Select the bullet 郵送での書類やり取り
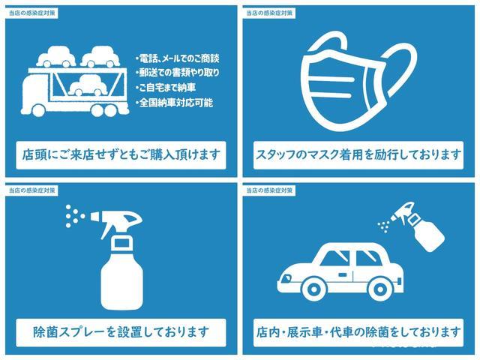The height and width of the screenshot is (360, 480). tap(179, 73)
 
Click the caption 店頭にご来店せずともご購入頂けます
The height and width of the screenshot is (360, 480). tap(120, 155)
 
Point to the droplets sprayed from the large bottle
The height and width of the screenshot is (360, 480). tap(73, 215)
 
